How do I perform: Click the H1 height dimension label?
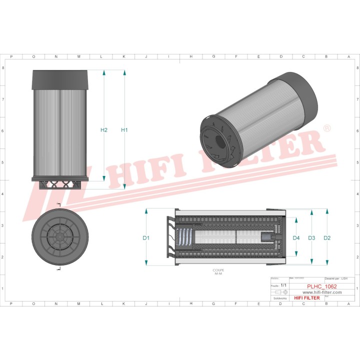point(124,130)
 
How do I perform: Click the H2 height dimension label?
point(104,130)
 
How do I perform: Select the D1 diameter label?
point(146,238)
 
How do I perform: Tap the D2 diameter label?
point(327,238)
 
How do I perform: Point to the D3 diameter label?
point(311,238)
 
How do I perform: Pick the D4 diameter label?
point(296,238)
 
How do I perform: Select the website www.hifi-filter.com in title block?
point(322,292)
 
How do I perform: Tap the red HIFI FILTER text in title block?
point(306,298)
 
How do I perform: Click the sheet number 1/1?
point(283,285)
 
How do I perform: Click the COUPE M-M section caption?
point(218,272)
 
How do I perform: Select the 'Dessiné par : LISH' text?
point(336,278)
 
